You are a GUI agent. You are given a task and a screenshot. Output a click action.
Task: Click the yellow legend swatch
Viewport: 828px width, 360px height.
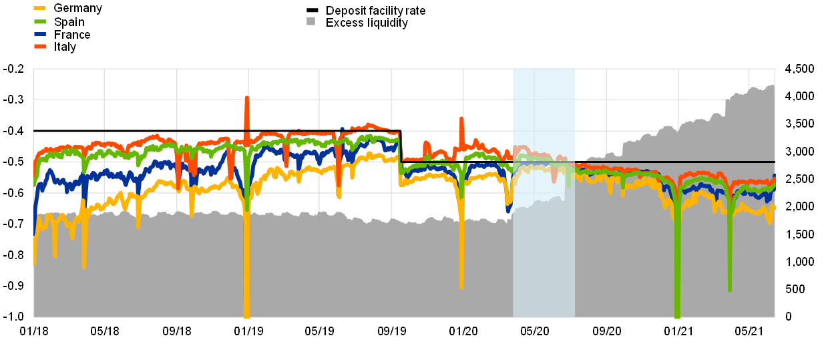coord(40,8)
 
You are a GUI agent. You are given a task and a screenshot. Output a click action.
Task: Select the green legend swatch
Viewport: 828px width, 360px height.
coord(40,21)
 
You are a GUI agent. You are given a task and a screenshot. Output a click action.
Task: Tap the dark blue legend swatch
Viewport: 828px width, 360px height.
coord(40,33)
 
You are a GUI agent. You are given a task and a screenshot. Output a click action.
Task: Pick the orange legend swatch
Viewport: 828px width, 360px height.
coord(40,46)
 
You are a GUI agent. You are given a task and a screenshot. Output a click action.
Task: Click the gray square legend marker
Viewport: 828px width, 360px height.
coord(310,21)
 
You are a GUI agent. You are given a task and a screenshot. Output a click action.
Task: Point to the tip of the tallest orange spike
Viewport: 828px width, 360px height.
coord(246,98)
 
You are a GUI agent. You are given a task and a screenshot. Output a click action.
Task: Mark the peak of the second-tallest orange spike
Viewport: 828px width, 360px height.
coord(461,119)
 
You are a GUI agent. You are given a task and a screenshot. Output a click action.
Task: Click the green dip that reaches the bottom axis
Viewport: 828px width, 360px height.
coord(677,314)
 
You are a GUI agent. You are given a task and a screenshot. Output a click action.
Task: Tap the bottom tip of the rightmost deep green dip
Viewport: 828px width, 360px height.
coord(729,289)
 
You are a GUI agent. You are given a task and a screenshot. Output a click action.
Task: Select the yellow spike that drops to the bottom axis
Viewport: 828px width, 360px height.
coord(246,314)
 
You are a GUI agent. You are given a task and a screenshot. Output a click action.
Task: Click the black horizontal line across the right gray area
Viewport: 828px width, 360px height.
coord(674,162)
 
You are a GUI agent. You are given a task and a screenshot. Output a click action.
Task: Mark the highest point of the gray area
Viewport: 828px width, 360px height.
coord(772,85)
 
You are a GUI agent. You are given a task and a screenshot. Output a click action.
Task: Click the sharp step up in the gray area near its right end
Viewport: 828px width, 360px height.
coord(726,100)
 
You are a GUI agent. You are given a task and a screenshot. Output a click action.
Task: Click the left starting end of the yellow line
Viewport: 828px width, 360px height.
coord(34,263)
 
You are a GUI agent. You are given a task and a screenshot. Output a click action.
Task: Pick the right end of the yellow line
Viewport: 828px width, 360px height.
coord(774,207)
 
